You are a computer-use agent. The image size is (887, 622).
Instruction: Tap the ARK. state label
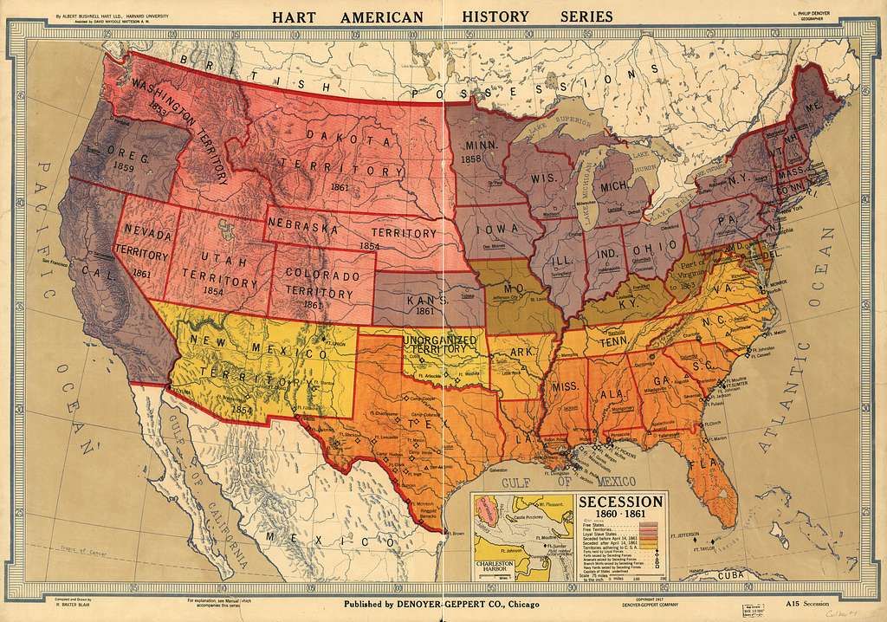coord(521,352)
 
